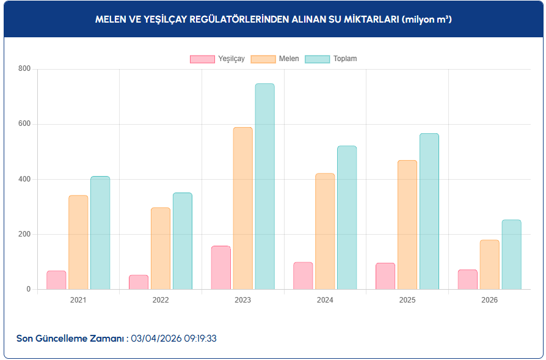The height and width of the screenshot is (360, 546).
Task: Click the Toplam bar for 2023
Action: click(264, 186)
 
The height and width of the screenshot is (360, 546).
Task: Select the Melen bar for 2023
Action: click(242, 208)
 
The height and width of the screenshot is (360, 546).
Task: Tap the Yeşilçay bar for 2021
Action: click(56, 280)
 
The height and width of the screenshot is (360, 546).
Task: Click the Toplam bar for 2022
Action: click(182, 241)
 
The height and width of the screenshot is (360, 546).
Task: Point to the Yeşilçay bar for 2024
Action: click(303, 276)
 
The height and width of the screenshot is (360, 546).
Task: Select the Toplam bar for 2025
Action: click(429, 211)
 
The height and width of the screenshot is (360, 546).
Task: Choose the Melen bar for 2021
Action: click(78, 242)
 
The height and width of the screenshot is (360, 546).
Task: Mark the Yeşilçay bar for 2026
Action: click(468, 279)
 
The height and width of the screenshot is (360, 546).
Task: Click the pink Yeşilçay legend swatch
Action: click(202, 59)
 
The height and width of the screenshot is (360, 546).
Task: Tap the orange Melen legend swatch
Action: click(263, 59)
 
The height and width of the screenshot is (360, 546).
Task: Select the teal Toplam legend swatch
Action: click(317, 59)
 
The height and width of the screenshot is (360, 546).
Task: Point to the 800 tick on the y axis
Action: click(24, 68)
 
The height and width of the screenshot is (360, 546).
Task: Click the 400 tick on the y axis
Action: click(24, 179)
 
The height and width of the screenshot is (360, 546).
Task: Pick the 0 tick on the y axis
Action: click(27, 289)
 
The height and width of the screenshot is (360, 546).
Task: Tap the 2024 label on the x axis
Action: click(325, 300)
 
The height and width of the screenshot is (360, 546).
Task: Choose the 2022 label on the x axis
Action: click(161, 300)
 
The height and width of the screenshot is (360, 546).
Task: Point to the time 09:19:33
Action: click(199, 338)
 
